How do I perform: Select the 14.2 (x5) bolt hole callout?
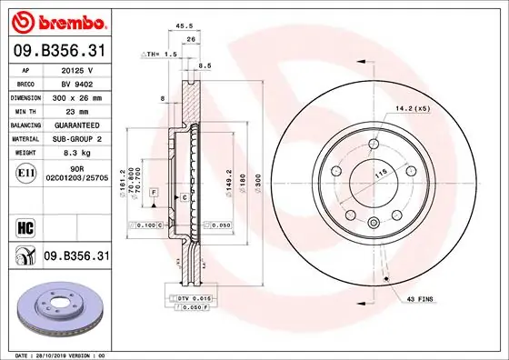(x=413, y=109)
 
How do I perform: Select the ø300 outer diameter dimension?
(x=259, y=182)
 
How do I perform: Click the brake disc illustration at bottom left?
(x=56, y=309)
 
